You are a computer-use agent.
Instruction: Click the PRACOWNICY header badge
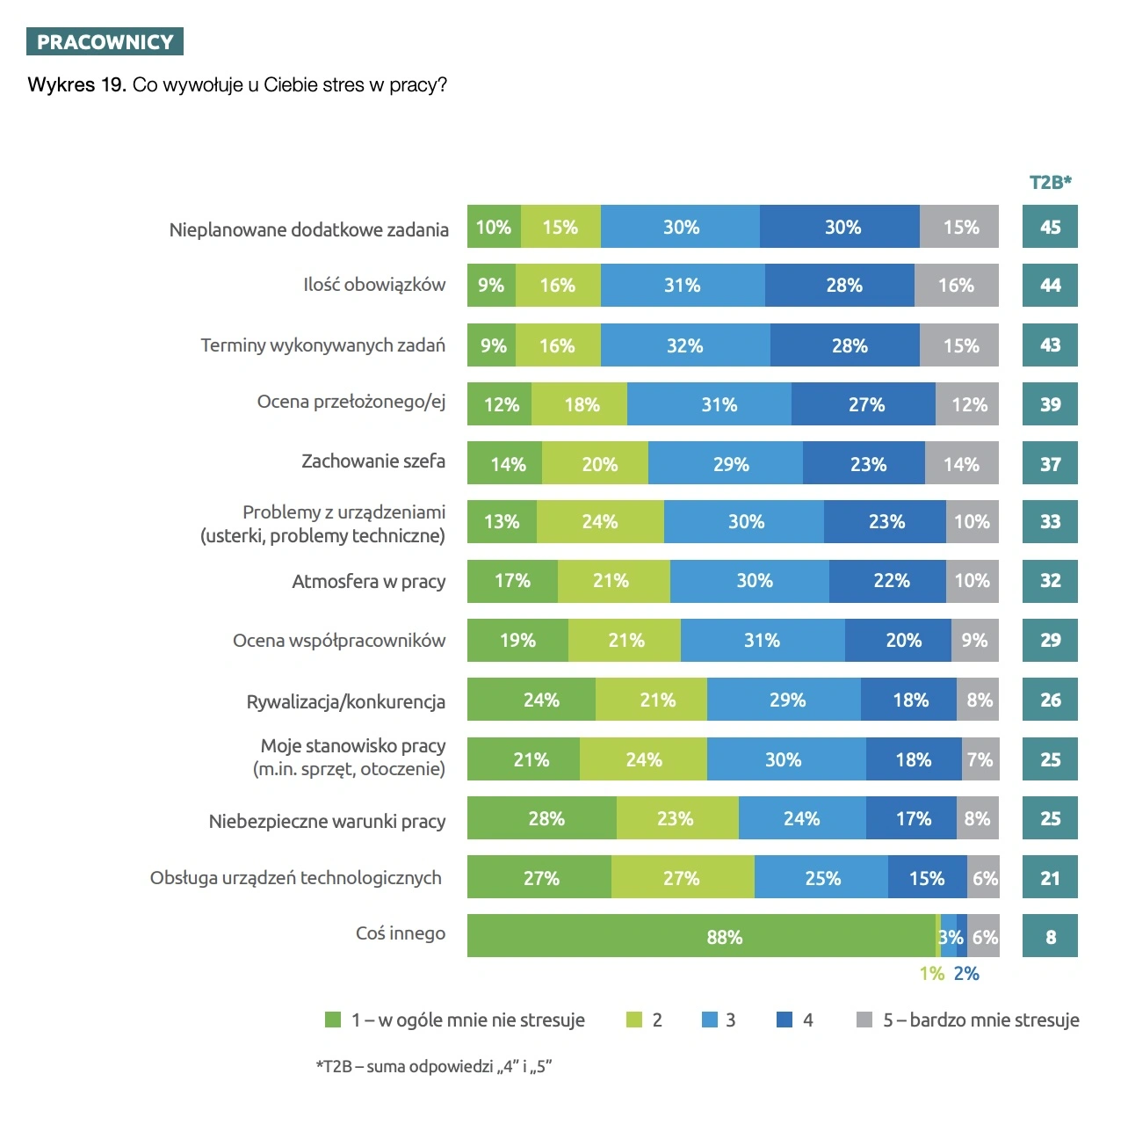tap(105, 42)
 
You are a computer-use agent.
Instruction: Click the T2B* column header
tap(1050, 182)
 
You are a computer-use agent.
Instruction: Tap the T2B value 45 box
tap(1050, 227)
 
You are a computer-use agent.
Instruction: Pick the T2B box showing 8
tap(1050, 936)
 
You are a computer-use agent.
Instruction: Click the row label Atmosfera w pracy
tap(368, 581)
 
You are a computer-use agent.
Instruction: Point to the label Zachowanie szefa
tap(373, 461)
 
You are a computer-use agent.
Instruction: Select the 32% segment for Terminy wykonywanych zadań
tap(684, 345)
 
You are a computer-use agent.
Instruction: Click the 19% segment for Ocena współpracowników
tap(517, 640)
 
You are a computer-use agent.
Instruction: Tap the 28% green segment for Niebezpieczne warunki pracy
tap(542, 818)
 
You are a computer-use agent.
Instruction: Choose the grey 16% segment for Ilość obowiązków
tap(956, 286)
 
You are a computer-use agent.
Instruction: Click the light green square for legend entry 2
tap(633, 1020)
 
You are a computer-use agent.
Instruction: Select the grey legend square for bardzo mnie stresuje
tap(864, 1020)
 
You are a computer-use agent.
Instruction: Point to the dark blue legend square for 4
tap(785, 1020)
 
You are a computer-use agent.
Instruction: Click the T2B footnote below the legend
tap(434, 1066)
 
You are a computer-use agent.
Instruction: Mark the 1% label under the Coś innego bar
tap(931, 973)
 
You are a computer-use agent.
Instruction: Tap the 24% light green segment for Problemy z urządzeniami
tap(600, 521)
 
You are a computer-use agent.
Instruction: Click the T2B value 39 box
tap(1050, 404)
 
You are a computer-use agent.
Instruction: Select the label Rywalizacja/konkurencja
tap(345, 701)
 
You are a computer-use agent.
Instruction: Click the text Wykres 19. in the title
tap(76, 85)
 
